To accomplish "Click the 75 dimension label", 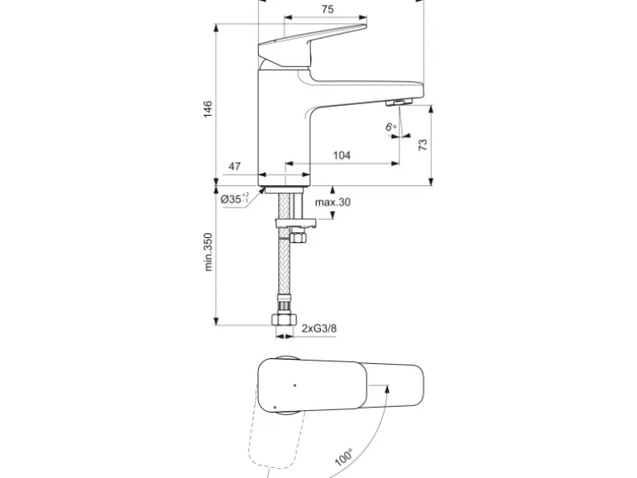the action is click(x=328, y=9).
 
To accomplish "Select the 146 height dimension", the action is click(x=208, y=109).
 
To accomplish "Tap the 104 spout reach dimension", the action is click(x=342, y=155).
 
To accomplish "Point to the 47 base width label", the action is click(x=234, y=166).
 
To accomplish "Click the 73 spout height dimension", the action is click(x=423, y=145).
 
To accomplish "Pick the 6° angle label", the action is click(x=390, y=127).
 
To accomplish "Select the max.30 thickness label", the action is click(x=333, y=202).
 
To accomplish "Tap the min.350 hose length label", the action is click(x=208, y=251).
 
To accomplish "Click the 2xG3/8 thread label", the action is click(x=318, y=328).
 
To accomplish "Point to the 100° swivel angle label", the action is click(x=343, y=457).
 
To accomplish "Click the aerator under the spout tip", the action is click(x=399, y=103).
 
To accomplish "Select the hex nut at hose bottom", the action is click(x=285, y=319).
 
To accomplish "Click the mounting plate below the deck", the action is click(x=296, y=224).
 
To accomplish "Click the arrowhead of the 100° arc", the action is click(x=387, y=389).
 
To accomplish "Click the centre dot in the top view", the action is click(x=295, y=385).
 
